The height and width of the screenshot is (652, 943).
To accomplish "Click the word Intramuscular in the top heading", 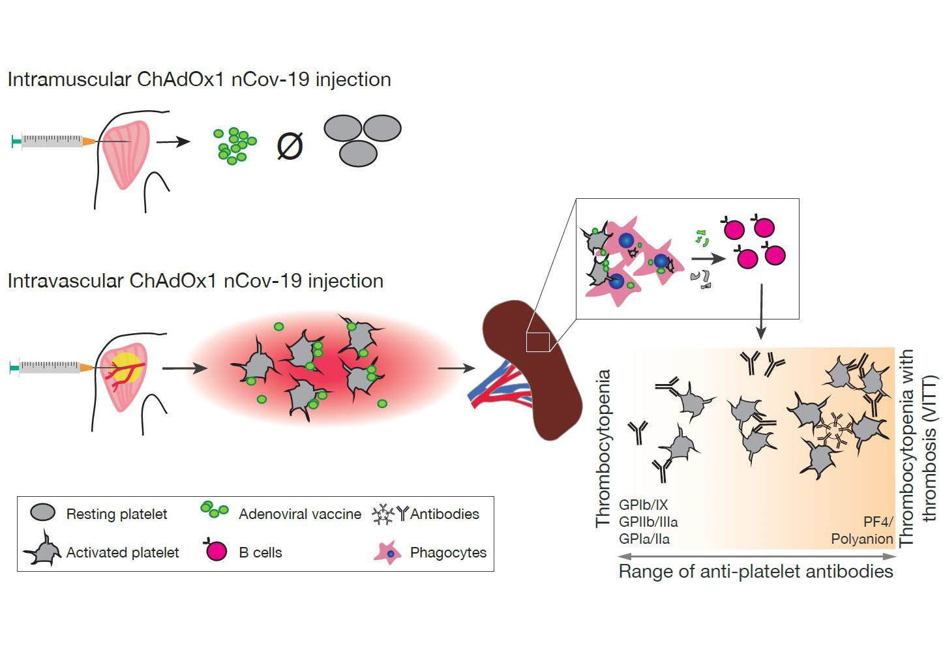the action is (x=70, y=79).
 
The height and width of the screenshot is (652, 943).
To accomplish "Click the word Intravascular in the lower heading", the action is (x=66, y=281).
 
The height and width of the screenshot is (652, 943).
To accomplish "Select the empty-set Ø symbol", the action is (x=290, y=146).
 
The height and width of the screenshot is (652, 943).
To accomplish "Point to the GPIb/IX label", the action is (x=643, y=505).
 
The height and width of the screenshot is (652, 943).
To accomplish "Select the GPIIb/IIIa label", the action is (x=648, y=522).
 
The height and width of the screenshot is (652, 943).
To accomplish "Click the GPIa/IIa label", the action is (x=644, y=539).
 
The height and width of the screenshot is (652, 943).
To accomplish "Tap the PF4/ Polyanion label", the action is (x=862, y=530).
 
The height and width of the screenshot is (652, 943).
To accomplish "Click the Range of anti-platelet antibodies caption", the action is (x=756, y=572).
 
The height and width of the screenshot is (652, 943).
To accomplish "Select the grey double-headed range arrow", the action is (x=757, y=556).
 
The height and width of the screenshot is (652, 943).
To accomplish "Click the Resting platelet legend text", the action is (x=117, y=514).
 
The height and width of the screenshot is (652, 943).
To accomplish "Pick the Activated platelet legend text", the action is (x=123, y=552).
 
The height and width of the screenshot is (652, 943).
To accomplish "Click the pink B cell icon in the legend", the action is (x=216, y=550).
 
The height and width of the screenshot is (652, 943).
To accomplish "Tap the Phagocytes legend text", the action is (x=448, y=552).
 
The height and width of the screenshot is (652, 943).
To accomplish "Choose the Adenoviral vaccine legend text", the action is (x=300, y=514).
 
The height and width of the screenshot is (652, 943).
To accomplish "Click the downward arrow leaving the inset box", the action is (x=760, y=311).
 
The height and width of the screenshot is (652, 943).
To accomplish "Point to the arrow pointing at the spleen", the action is (x=457, y=368).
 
